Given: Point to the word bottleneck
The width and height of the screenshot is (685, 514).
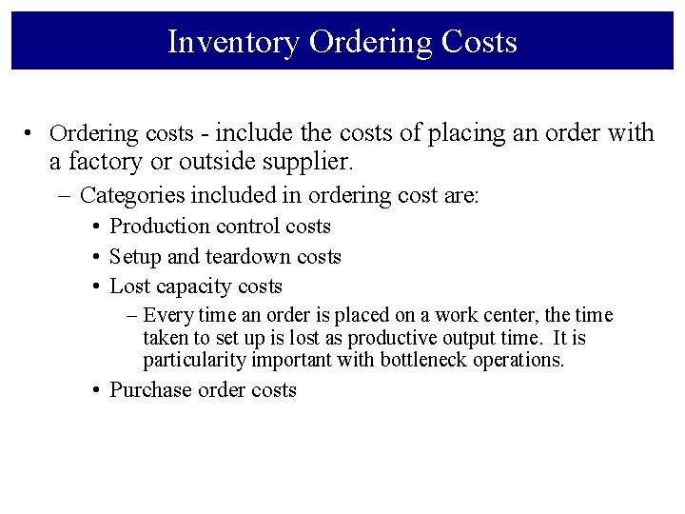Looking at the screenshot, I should (x=429, y=360).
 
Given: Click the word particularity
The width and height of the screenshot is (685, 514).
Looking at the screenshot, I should (x=194, y=360).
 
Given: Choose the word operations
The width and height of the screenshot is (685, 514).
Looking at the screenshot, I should (x=522, y=360).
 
